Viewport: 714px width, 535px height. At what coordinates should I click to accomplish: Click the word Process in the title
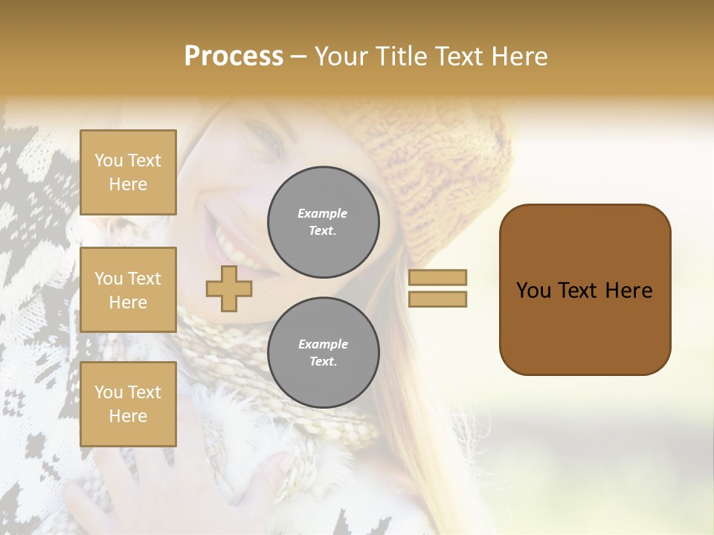(x=234, y=56)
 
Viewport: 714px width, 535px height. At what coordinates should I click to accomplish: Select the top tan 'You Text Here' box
(x=128, y=172)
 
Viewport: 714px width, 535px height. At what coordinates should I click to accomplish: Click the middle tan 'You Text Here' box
(x=128, y=290)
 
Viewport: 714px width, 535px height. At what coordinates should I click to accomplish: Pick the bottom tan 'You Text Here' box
(x=128, y=404)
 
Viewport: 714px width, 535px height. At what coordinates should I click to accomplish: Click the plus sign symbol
(x=229, y=288)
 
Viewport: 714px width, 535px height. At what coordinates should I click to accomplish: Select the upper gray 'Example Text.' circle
(x=324, y=221)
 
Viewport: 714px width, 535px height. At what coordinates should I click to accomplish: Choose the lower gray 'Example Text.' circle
(x=324, y=352)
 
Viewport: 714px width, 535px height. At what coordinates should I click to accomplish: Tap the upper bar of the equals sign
(x=437, y=277)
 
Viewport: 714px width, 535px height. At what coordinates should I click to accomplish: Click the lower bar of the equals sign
(x=437, y=299)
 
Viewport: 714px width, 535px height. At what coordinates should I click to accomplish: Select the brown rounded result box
(x=585, y=290)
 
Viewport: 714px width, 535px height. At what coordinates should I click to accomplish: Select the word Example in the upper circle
(x=323, y=213)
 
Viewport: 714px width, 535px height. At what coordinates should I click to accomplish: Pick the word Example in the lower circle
(x=323, y=344)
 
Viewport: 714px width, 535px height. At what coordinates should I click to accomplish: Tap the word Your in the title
(x=343, y=56)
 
